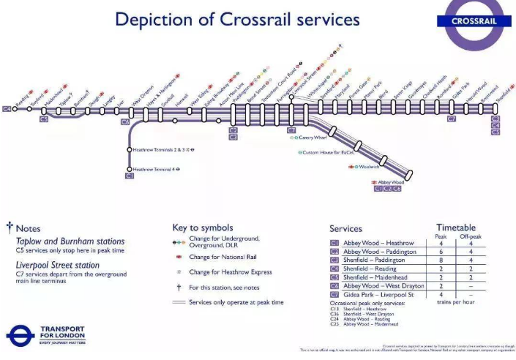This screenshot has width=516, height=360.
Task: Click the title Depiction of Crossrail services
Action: [237, 19]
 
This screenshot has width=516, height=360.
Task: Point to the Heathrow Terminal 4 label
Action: [154, 169]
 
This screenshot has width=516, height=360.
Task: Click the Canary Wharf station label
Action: [317, 138]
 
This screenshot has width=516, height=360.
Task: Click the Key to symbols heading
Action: [203, 228]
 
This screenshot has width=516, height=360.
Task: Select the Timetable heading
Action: [456, 228]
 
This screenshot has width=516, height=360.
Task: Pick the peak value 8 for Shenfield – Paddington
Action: [441, 260]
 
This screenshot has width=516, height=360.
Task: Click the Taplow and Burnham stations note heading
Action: [70, 241]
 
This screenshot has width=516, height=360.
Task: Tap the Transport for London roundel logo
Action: [20, 336]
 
